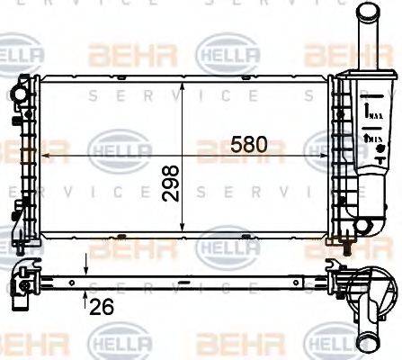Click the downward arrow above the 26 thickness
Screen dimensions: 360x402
[85, 268]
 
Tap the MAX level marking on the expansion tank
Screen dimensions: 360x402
[370, 112]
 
